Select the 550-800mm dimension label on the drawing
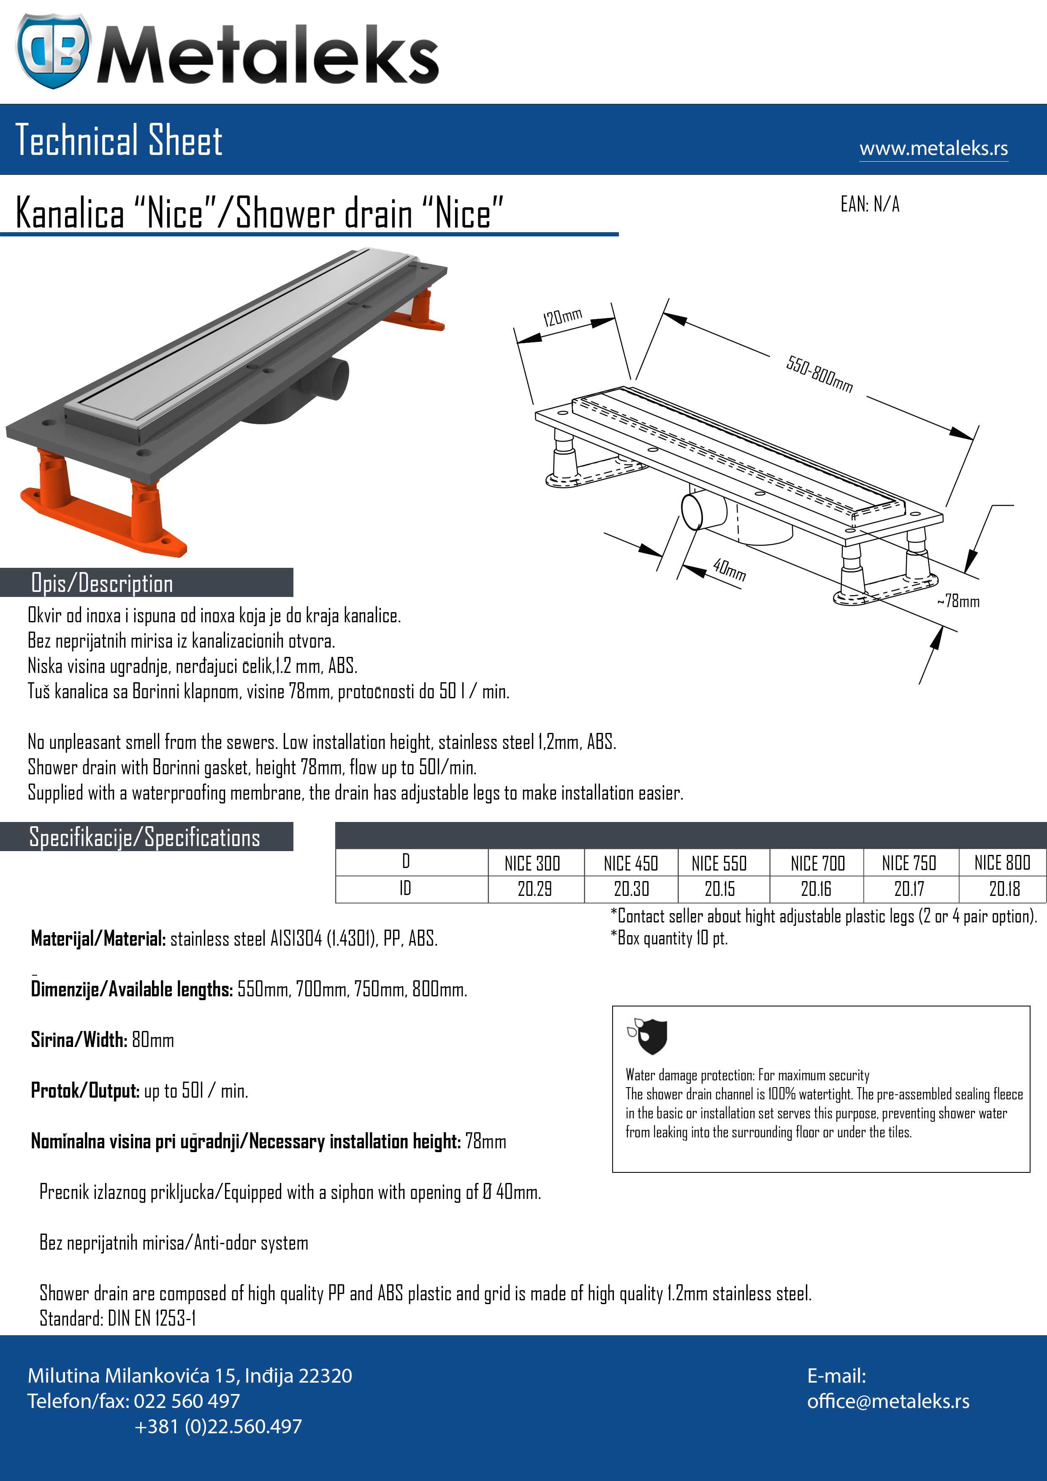pyautogui.click(x=819, y=374)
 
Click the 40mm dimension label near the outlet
pyautogui.click(x=730, y=570)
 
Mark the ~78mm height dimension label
pyautogui.click(x=959, y=601)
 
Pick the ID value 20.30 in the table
pyautogui.click(x=631, y=889)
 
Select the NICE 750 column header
pyautogui.click(x=909, y=863)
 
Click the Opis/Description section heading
pyautogui.click(x=102, y=583)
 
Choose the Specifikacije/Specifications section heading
pyautogui.click(x=144, y=837)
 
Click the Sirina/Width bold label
pyautogui.click(x=79, y=1040)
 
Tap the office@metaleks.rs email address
pyautogui.click(x=888, y=1401)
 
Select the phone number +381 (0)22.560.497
pyautogui.click(x=218, y=1426)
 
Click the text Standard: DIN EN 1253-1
pyautogui.click(x=117, y=1318)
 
